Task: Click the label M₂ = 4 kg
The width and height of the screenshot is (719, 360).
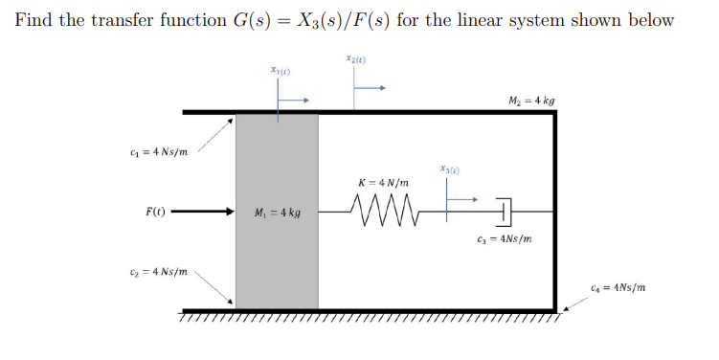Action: [533, 100]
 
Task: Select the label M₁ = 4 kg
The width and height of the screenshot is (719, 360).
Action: [277, 212]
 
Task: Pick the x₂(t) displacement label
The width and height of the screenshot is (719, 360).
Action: [357, 59]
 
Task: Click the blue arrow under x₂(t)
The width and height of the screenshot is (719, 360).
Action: [371, 89]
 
